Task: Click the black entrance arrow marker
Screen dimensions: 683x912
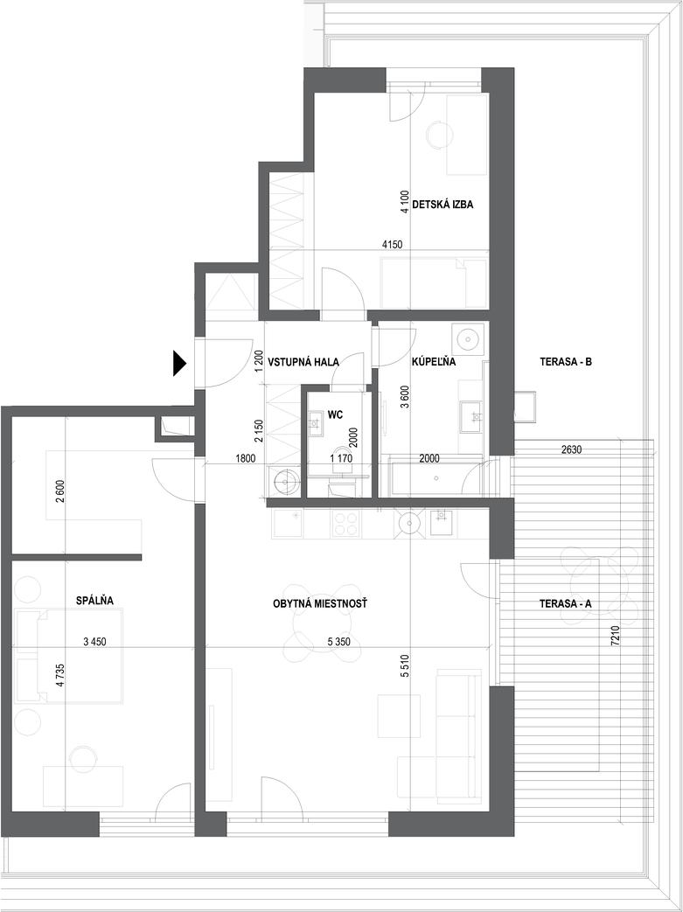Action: (179, 364)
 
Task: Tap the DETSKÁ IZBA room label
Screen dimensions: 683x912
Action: (443, 205)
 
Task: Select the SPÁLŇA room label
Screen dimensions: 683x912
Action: (94, 600)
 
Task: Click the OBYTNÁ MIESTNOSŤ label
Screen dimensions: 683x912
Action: (320, 604)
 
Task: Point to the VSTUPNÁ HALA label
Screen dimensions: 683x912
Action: (303, 362)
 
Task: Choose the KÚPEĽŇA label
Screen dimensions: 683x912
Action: (434, 362)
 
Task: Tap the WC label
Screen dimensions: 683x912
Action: (335, 414)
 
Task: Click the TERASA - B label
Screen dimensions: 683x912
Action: (566, 362)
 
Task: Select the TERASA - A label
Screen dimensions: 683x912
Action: (566, 604)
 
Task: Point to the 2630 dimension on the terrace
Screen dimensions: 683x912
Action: (571, 449)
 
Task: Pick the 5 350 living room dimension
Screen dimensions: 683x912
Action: (340, 642)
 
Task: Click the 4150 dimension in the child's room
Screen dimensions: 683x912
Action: (392, 245)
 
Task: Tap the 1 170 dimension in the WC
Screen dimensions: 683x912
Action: (341, 458)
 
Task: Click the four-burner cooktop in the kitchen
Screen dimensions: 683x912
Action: (346, 524)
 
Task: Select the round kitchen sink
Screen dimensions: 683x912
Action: (410, 522)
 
